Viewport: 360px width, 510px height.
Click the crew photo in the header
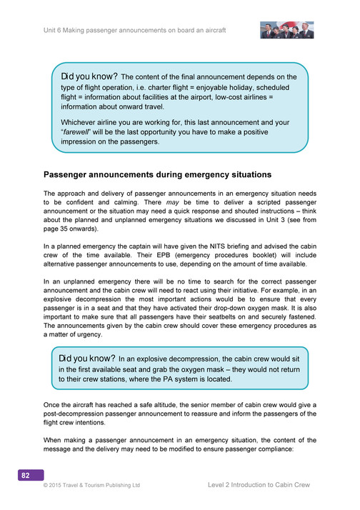tap(287, 29)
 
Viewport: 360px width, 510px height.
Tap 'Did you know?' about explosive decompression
tap(86, 357)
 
